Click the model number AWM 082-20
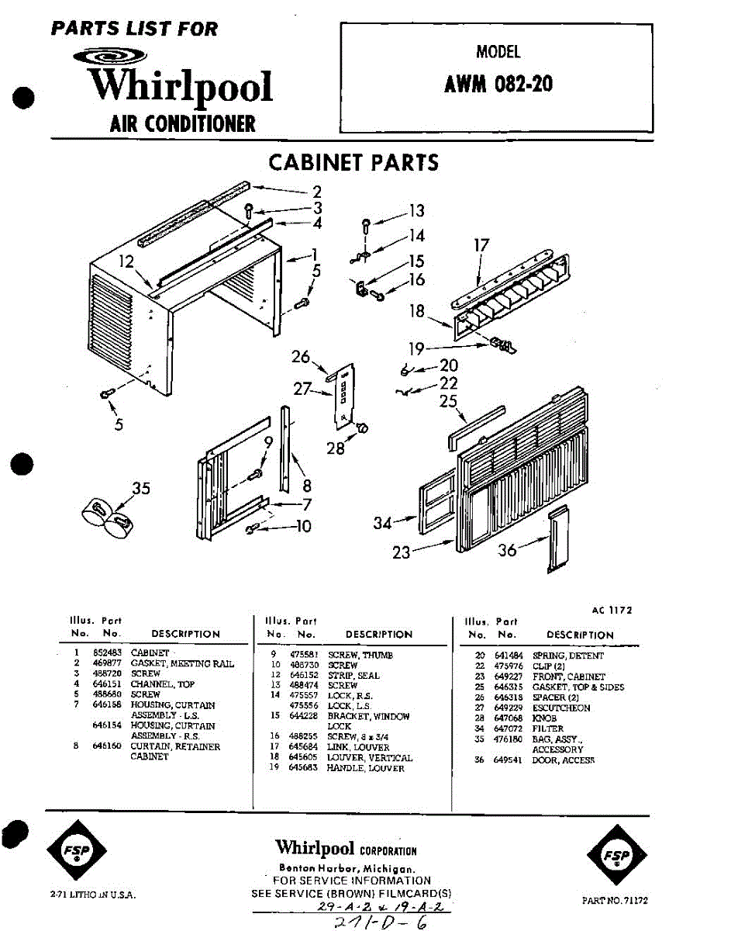(498, 84)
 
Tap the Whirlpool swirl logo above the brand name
(109, 57)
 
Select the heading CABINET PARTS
(353, 163)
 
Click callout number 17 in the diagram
(481, 246)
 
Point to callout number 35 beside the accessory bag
(140, 489)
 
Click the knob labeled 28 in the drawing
(360, 428)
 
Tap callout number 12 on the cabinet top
(127, 262)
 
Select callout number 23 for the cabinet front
(401, 552)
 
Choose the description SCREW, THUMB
(360, 656)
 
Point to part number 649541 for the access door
(508, 761)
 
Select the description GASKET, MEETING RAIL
(182, 664)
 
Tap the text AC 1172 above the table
(612, 611)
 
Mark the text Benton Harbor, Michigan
(347, 869)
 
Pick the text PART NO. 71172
(615, 901)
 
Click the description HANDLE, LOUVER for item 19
(365, 768)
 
